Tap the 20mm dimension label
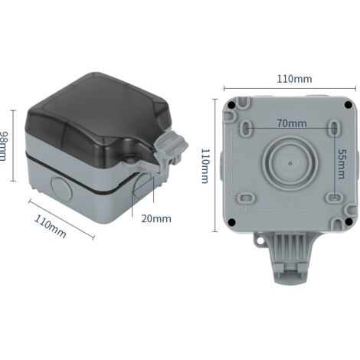[156, 218]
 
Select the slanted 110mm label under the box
[51, 226]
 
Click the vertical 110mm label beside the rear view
[205, 165]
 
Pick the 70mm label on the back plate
[292, 123]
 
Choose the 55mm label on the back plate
[342, 162]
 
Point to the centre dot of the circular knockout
[292, 163]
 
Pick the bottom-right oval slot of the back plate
[335, 199]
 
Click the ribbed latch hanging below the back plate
[292, 257]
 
